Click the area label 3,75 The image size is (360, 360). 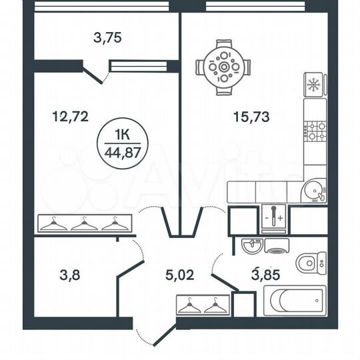coord(107,38)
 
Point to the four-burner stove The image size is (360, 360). coord(315,130)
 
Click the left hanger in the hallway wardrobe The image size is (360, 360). coord(190,306)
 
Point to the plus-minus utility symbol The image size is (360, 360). coord(274,219)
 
